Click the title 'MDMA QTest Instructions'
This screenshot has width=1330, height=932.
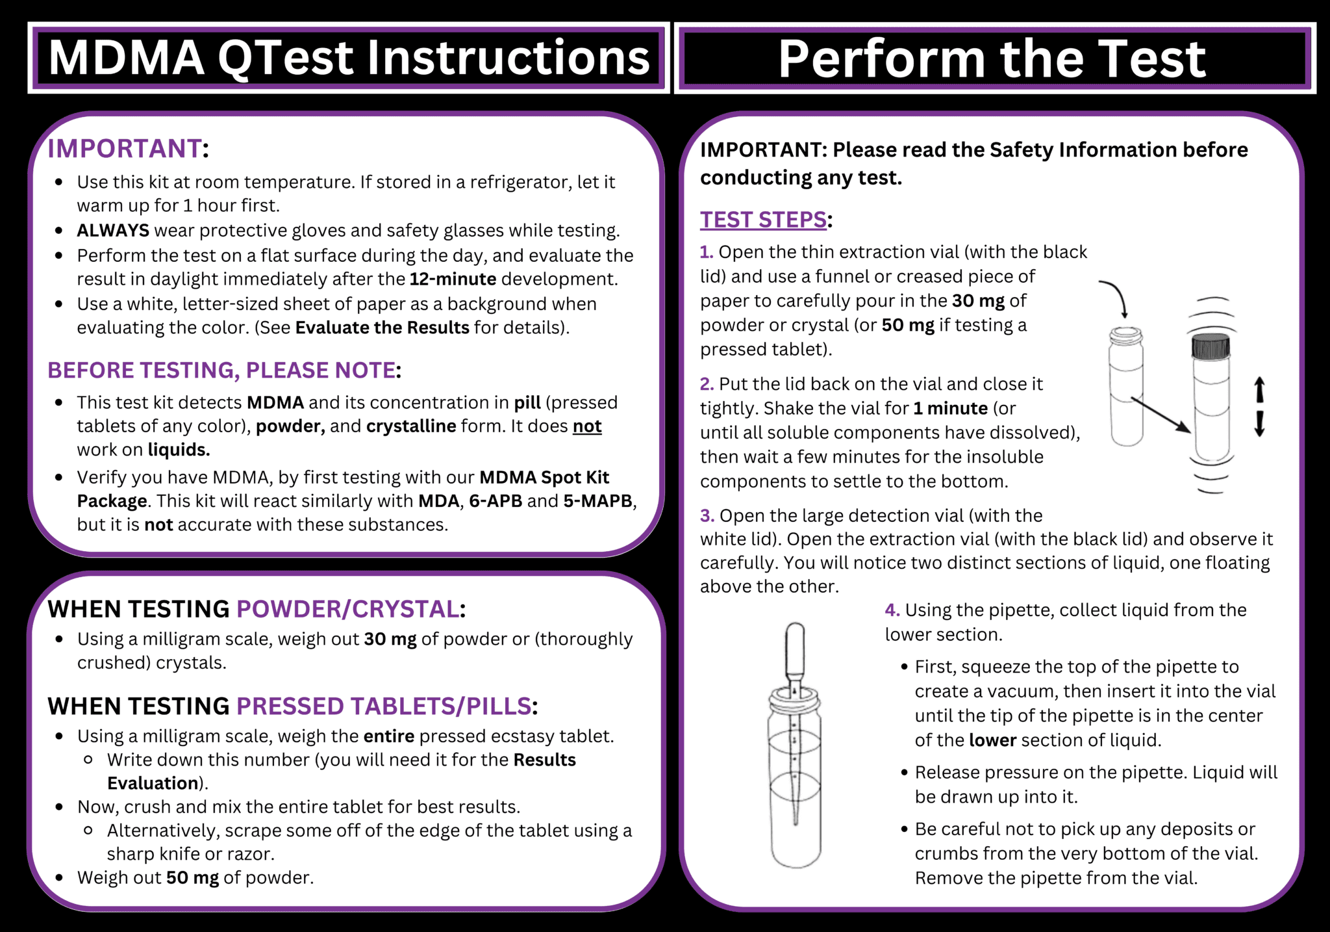[x=349, y=58]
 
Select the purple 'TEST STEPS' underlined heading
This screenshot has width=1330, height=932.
[x=762, y=220]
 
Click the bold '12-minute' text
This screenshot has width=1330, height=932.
[x=453, y=279]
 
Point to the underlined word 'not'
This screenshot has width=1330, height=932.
[x=586, y=426]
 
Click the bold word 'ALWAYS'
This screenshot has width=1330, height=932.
[x=113, y=230]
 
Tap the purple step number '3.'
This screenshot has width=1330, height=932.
[x=707, y=515]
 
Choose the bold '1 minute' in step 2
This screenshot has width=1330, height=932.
[x=950, y=408]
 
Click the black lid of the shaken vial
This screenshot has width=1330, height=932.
[x=1211, y=346]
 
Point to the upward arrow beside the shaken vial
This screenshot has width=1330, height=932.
[x=1259, y=390]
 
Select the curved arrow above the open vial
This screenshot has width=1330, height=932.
[x=1114, y=296]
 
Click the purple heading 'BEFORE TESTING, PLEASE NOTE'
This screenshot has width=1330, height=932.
[x=221, y=370]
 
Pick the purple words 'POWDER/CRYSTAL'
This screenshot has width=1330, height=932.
[x=347, y=609]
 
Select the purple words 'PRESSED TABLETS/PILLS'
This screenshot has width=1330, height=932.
[x=384, y=706]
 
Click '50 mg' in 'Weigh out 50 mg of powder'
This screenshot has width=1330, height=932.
[x=192, y=877]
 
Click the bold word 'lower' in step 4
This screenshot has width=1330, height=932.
[x=992, y=740]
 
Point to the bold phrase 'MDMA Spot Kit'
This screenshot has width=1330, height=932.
[x=544, y=477]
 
